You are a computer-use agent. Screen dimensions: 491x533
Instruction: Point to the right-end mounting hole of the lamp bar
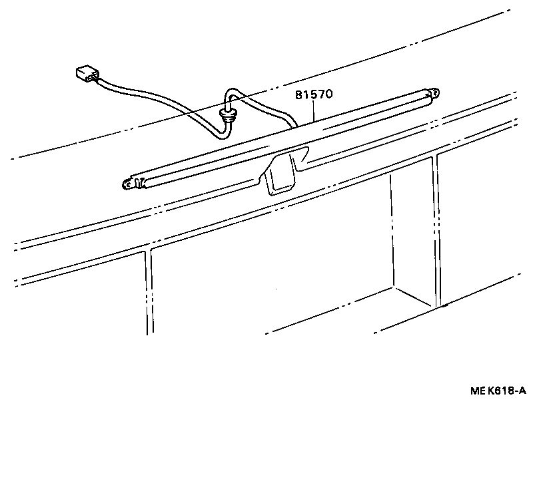click(x=435, y=93)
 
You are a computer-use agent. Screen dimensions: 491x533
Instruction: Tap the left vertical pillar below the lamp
click(x=148, y=293)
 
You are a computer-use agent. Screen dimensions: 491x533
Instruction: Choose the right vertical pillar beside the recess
click(x=436, y=233)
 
